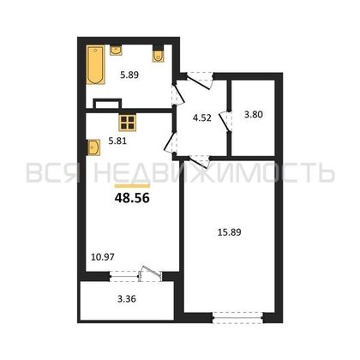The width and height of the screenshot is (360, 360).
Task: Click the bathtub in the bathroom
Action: pos(96,64)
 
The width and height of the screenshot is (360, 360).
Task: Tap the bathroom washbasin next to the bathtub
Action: pos(116,50)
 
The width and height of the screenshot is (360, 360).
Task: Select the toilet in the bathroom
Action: pos(158,54)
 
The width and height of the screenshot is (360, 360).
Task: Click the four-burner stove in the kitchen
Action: pos(127,123)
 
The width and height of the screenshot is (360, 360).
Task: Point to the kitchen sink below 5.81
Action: pos(93,147)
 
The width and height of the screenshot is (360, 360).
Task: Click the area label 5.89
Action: pos(129,75)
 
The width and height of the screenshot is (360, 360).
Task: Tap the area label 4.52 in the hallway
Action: pos(202,117)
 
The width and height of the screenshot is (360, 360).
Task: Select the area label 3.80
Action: pos(254,115)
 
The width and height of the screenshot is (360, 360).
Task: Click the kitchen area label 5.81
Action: pos(117,141)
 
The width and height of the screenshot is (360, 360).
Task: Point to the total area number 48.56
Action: pos(132,198)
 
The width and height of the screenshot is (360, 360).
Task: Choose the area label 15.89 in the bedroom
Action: pos(230,232)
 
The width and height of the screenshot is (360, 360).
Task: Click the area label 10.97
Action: pos(103,257)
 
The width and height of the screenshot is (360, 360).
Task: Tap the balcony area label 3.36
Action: pos(127,299)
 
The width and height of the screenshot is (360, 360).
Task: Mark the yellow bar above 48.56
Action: pos(132,186)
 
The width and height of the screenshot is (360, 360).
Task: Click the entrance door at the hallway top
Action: pos(200,80)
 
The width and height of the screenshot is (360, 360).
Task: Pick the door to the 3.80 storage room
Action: pos(225,122)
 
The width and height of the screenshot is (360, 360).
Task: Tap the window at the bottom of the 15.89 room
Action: pos(237,318)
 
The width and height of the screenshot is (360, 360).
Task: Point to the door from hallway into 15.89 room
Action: pos(199,161)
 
